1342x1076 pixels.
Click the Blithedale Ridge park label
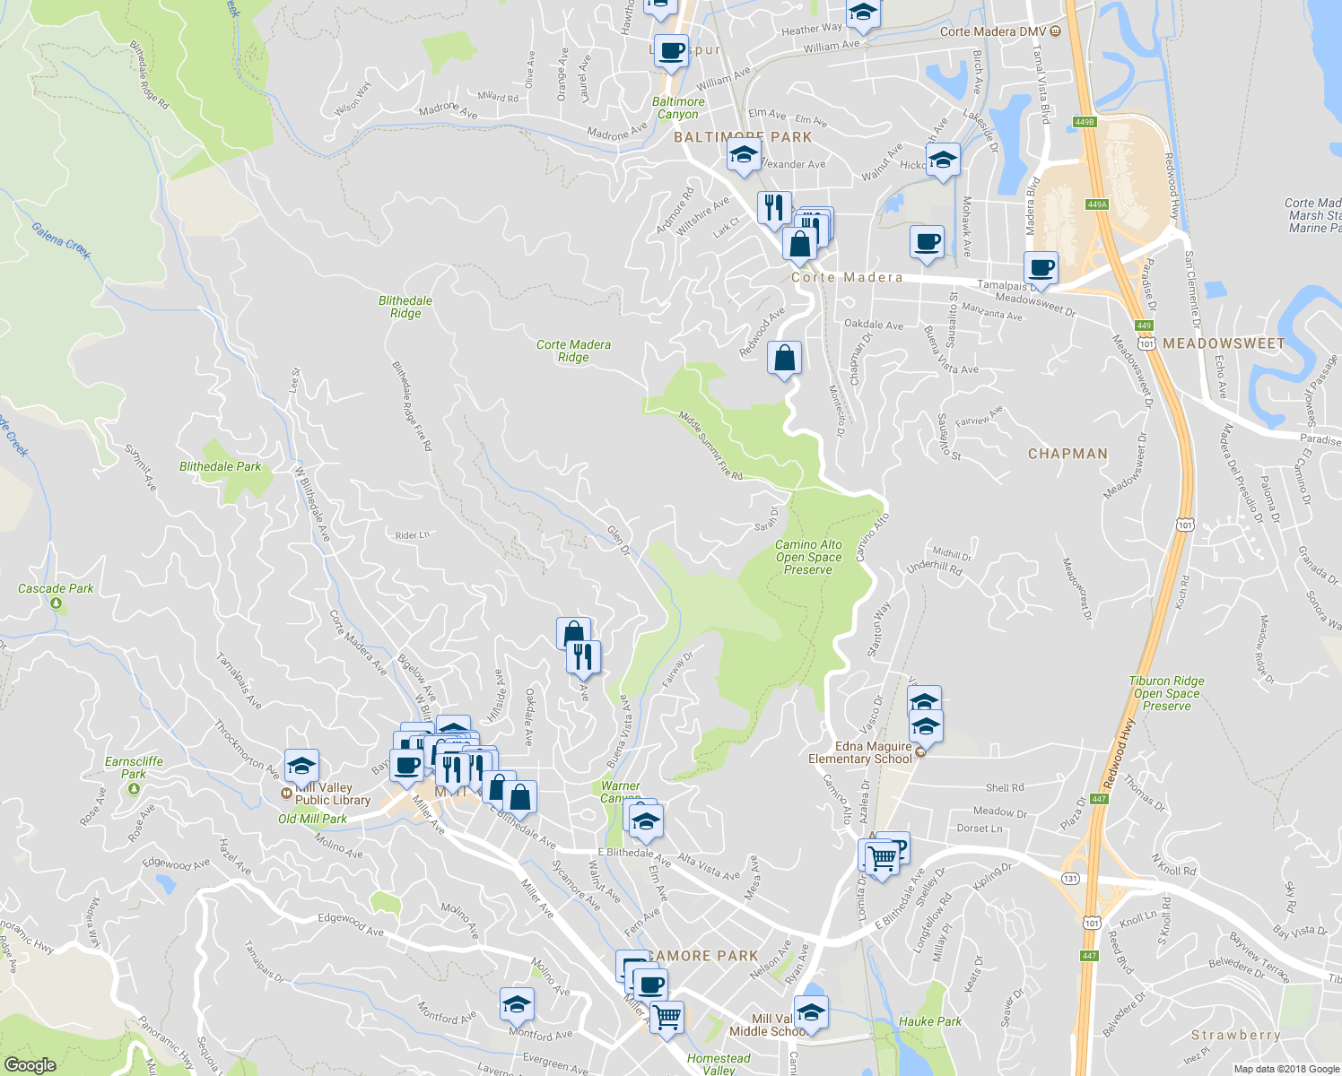(405, 307)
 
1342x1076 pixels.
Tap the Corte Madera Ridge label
(573, 351)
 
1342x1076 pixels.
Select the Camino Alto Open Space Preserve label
(808, 557)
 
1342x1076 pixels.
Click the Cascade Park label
(56, 589)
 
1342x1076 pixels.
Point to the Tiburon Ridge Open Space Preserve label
(1166, 693)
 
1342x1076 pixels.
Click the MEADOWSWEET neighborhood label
(1224, 343)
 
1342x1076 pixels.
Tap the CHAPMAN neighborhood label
(1067, 454)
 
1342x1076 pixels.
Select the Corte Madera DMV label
(993, 31)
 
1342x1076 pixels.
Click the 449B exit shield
(1085, 122)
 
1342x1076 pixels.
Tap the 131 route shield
(1070, 879)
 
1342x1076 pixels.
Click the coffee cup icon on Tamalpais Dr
(1041, 268)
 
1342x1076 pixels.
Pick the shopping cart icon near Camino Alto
(882, 858)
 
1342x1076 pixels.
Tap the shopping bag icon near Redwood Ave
(784, 358)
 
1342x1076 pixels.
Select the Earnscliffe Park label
(134, 768)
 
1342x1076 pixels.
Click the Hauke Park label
(930, 1021)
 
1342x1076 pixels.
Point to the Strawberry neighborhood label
(1235, 1035)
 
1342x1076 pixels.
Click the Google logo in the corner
(30, 1064)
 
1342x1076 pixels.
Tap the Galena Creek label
(61, 240)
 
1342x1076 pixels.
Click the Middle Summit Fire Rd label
(710, 445)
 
